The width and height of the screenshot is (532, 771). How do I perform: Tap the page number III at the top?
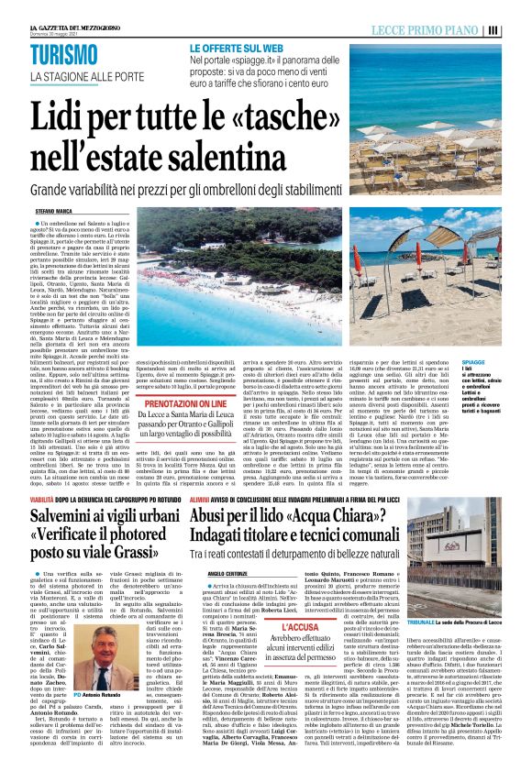point(518,29)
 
